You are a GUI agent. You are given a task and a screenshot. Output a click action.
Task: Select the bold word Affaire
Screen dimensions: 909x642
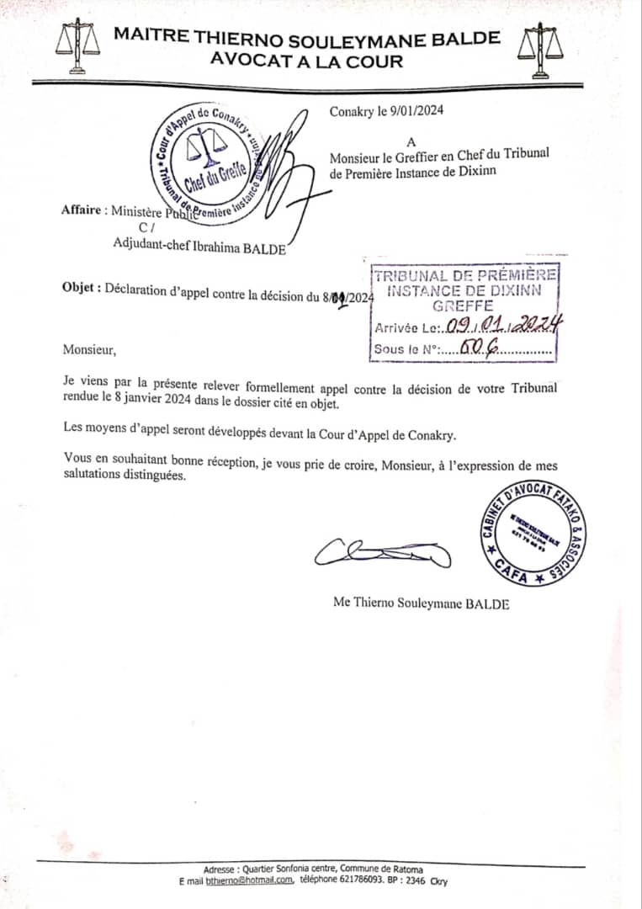(84, 210)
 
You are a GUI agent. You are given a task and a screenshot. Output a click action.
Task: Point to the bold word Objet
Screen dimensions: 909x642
(81, 286)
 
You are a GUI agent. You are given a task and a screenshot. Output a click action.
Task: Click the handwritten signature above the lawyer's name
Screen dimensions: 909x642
(383, 551)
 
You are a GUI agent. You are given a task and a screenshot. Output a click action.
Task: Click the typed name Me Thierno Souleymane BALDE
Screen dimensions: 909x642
(421, 604)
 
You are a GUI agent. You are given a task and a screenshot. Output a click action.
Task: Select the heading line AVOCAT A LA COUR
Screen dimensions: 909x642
(306, 61)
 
